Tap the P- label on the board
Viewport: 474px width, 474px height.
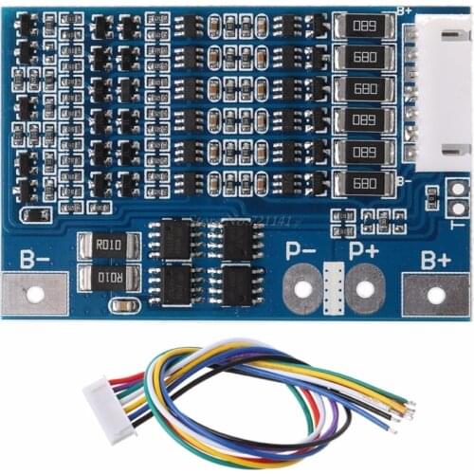pyautogui.click(x=302, y=252)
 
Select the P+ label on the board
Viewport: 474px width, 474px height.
pyautogui.click(x=363, y=251)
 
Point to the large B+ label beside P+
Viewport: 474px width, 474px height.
pyautogui.click(x=435, y=258)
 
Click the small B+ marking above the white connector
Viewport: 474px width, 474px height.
pyautogui.click(x=404, y=10)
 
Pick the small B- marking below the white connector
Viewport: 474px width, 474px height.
pyautogui.click(x=403, y=180)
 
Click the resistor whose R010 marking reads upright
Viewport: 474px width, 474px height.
pyautogui.click(x=109, y=246)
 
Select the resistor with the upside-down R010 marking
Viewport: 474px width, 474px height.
pyautogui.click(x=109, y=278)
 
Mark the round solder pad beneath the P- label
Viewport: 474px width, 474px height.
pyautogui.click(x=302, y=288)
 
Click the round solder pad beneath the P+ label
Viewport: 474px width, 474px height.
pyautogui.click(x=364, y=287)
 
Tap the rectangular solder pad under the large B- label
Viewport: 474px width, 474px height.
pyautogui.click(x=34, y=294)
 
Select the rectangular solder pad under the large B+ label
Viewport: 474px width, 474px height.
pyautogui.click(x=436, y=294)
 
